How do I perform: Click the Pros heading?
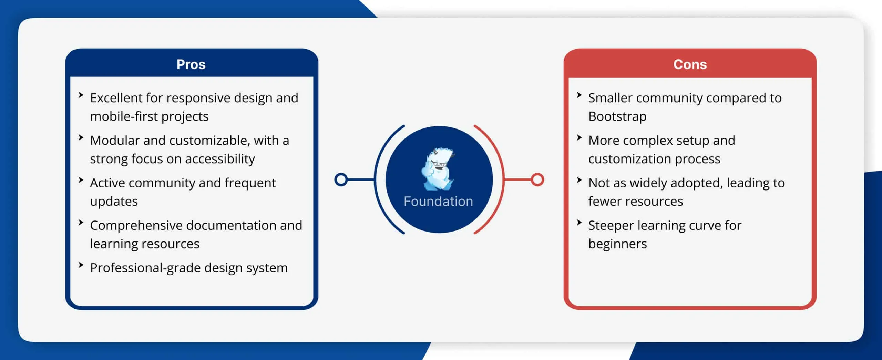click(191, 64)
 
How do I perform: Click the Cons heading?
click(690, 64)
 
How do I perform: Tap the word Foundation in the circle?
click(438, 202)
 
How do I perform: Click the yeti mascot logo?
click(438, 169)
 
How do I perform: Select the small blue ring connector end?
click(341, 179)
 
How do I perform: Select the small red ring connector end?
click(537, 179)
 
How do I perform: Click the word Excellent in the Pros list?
click(116, 98)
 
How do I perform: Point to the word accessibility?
click(220, 159)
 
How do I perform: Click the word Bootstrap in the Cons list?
click(617, 117)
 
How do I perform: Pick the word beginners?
click(618, 244)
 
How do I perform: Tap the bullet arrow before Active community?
click(81, 180)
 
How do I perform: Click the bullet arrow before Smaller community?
click(579, 95)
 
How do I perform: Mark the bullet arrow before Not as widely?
click(579, 180)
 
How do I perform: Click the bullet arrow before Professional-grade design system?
click(81, 265)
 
